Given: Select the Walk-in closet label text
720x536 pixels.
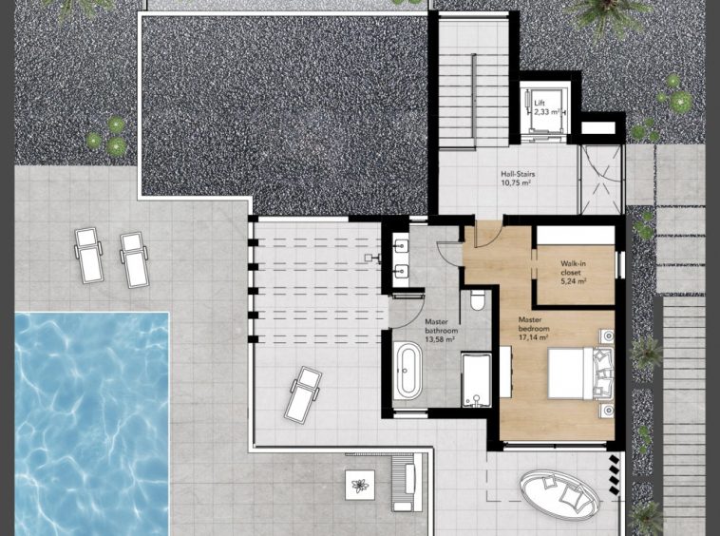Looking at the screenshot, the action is click(573, 273).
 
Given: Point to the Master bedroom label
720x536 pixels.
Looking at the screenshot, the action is click(534, 329).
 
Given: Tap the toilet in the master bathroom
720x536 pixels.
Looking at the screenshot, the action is click(478, 299).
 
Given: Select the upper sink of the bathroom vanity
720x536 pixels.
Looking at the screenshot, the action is click(402, 246).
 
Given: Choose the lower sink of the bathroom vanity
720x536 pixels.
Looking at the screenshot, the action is click(402, 272).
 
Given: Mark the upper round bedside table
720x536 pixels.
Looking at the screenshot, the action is click(608, 336).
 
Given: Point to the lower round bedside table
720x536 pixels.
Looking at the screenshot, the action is click(608, 410).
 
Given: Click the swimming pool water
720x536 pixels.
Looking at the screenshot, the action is click(92, 423).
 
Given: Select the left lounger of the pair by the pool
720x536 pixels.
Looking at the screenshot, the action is click(88, 256).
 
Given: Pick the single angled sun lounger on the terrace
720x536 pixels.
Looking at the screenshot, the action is click(303, 394).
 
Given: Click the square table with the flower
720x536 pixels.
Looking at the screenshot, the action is click(360, 485).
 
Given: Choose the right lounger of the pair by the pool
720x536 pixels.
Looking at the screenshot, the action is click(134, 259).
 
